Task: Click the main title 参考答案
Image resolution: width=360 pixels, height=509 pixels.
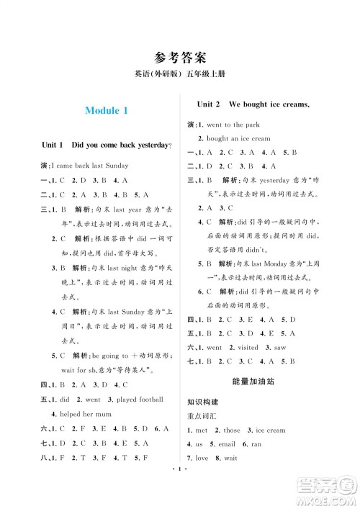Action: pyautogui.click(x=180, y=58)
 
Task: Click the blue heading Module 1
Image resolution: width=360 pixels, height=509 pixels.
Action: pyautogui.click(x=106, y=111)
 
